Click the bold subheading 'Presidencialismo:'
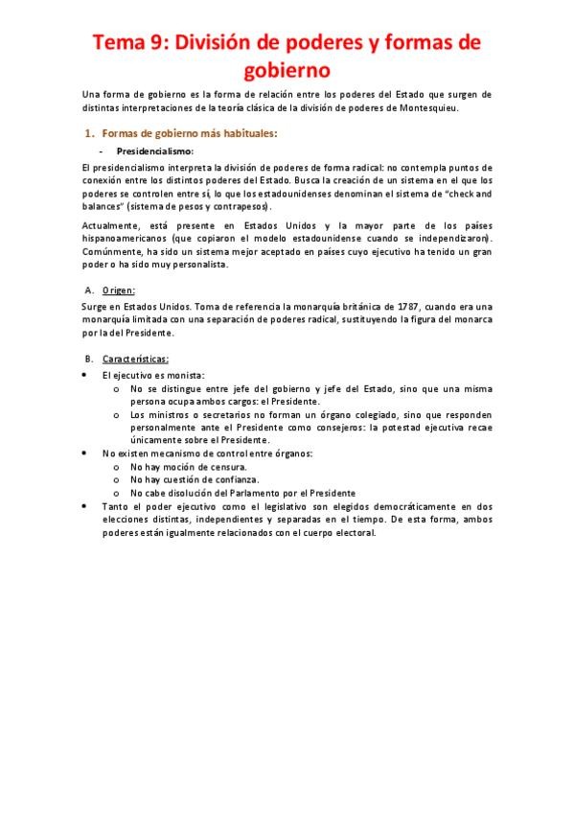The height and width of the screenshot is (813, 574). (155, 151)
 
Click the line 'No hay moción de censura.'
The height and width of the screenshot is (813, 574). (181, 465)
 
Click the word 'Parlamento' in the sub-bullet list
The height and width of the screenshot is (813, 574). (234, 492)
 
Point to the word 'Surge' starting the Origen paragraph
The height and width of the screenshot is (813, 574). (96, 307)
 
